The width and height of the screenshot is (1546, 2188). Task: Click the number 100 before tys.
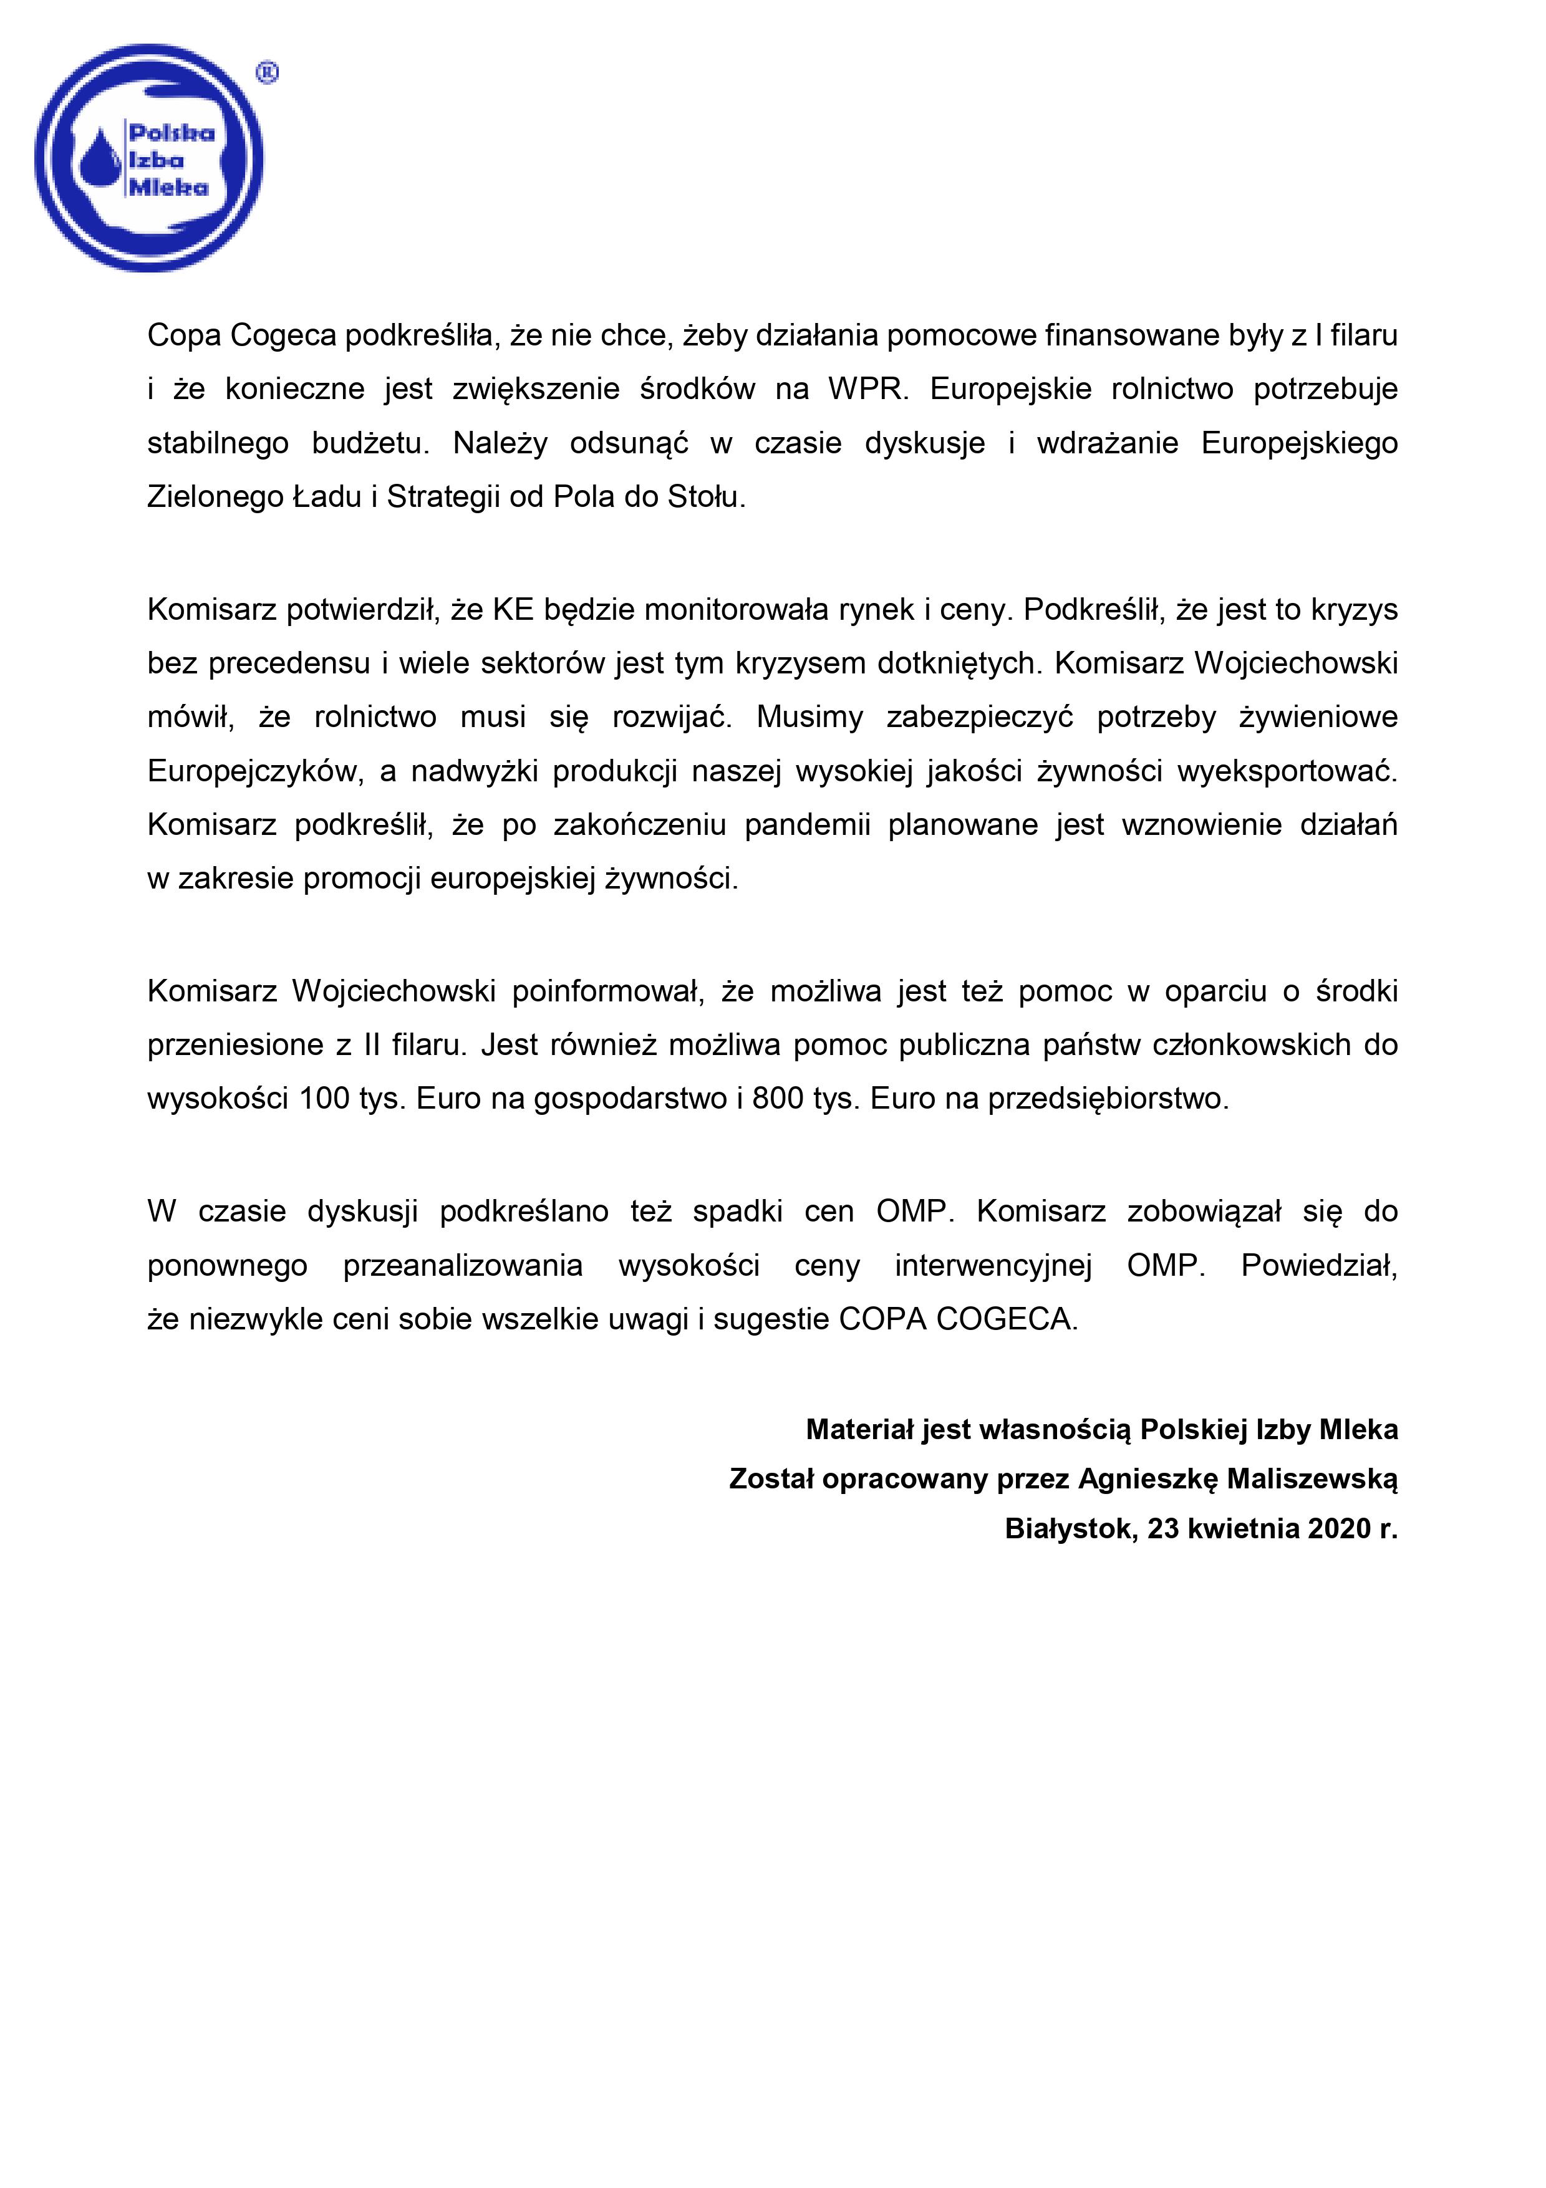[x=324, y=1099]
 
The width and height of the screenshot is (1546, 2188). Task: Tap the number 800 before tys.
[x=778, y=1099]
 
